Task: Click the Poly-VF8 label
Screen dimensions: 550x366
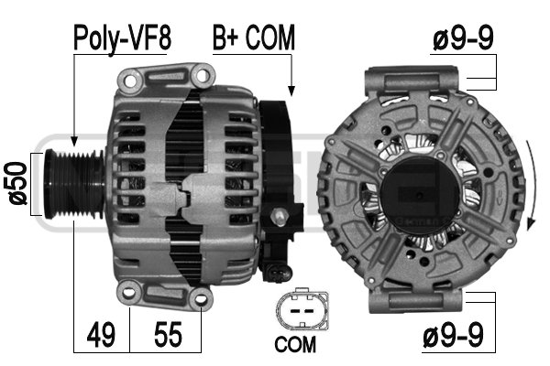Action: [x=122, y=38]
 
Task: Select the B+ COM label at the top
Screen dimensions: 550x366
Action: [x=254, y=38]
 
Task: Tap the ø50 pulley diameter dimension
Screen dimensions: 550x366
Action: [x=17, y=183]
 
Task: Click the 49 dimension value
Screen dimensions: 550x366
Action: [x=101, y=335]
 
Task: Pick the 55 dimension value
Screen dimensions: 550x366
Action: [x=168, y=335]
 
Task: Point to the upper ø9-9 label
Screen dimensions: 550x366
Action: [x=463, y=38]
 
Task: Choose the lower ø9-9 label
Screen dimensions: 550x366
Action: [x=453, y=335]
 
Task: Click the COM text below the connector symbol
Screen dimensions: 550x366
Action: [x=295, y=344]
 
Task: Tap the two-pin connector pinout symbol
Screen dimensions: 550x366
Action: [x=302, y=309]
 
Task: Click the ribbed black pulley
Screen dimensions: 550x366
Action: [x=74, y=184]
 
